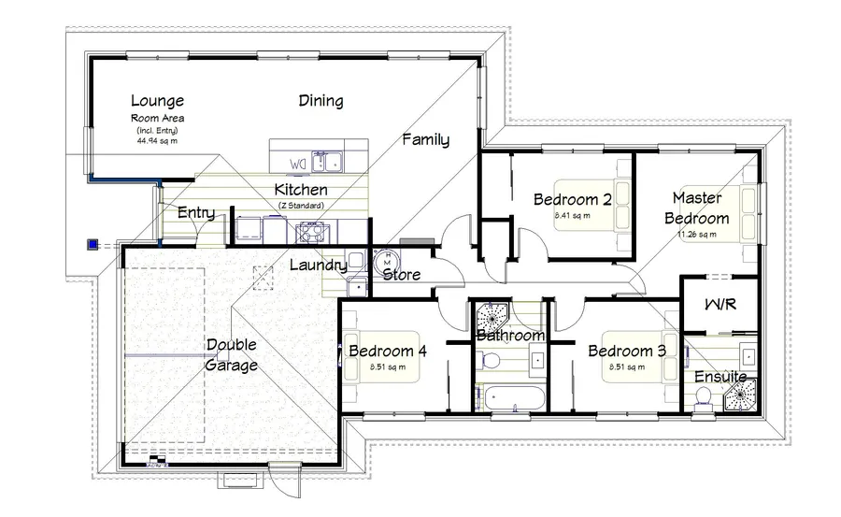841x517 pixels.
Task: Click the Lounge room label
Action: pyautogui.click(x=157, y=101)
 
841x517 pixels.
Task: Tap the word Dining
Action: pyautogui.click(x=321, y=101)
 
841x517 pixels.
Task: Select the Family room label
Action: pyautogui.click(x=425, y=140)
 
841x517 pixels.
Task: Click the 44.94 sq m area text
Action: pyautogui.click(x=157, y=140)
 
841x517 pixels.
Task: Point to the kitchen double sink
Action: pyautogui.click(x=326, y=163)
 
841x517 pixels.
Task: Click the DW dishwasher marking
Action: pyautogui.click(x=297, y=165)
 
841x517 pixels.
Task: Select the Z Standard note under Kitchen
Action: pyautogui.click(x=300, y=205)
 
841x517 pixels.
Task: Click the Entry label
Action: pyautogui.click(x=195, y=213)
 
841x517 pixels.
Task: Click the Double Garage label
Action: pyautogui.click(x=232, y=354)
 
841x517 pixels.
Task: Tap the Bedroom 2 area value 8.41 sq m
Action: pyautogui.click(x=571, y=215)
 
